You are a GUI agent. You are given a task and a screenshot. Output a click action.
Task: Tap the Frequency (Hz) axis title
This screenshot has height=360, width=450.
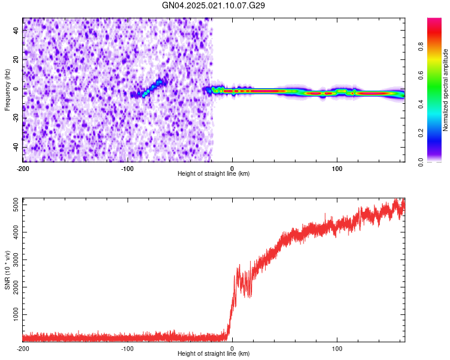coord(7,90)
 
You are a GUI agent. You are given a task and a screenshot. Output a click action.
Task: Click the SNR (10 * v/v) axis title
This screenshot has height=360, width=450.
coord(7,269)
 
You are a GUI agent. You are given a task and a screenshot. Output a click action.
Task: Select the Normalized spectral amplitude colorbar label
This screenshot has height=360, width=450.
coord(446,90)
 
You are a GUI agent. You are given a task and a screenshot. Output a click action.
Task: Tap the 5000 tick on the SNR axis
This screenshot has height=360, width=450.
coord(13,205)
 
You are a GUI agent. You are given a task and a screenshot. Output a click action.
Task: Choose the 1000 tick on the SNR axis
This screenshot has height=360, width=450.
coord(13,315)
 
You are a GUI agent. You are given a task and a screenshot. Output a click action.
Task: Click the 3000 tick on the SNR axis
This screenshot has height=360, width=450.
coord(13,260)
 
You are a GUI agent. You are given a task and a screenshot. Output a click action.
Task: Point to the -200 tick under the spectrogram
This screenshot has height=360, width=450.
coord(23,169)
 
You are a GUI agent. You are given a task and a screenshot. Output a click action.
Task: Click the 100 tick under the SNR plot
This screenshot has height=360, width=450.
coord(337,348)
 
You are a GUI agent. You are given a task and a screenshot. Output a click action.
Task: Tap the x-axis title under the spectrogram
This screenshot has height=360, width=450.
coord(214,174)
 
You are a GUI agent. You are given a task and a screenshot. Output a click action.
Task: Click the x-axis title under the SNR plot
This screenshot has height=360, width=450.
coord(214,354)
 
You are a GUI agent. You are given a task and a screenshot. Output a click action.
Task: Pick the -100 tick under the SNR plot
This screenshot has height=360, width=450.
coord(127,348)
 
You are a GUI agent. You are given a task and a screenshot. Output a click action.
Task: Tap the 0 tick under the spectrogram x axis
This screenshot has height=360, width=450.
coord(232,169)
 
